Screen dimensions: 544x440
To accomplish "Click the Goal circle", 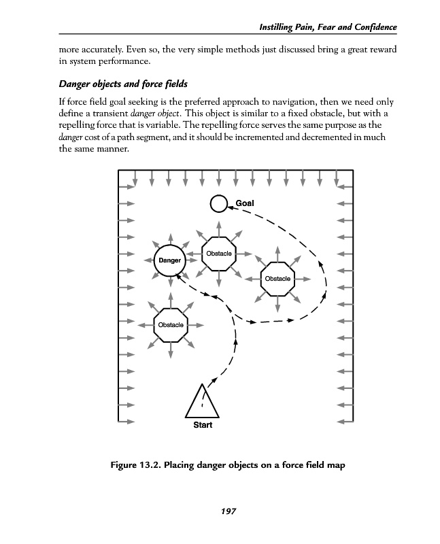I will click(x=218, y=203).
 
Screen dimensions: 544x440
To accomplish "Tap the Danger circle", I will click(x=170, y=260).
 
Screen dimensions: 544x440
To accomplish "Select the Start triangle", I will click(x=203, y=401).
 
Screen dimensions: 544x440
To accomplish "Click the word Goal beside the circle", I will click(x=245, y=203).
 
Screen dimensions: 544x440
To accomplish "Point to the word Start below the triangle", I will click(x=203, y=425).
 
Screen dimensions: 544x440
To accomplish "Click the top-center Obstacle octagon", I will click(x=218, y=254).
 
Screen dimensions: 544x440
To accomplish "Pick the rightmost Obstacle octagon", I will click(x=277, y=279).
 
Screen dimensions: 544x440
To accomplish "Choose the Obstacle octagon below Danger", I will click(x=170, y=325).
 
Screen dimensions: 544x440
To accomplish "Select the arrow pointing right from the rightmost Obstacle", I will click(x=306, y=279).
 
